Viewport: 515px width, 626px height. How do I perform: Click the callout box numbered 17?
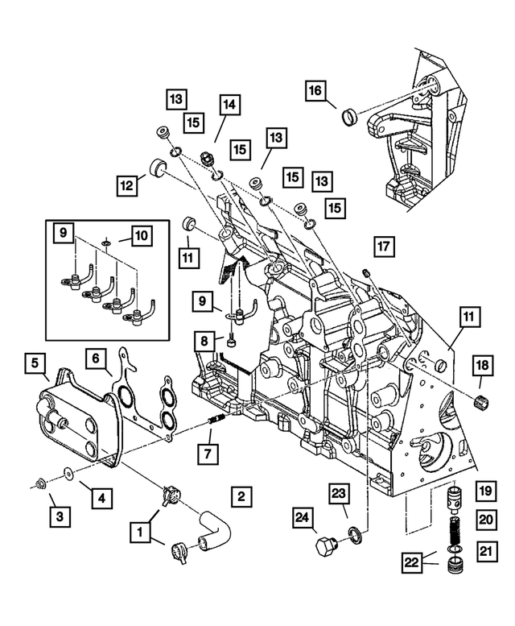click(384, 246)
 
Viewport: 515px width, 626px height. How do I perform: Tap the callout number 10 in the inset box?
click(141, 236)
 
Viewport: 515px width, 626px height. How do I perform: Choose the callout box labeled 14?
click(229, 104)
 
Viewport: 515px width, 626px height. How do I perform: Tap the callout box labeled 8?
click(206, 342)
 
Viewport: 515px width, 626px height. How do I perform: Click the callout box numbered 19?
click(485, 491)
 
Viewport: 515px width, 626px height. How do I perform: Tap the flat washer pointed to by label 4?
click(67, 471)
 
